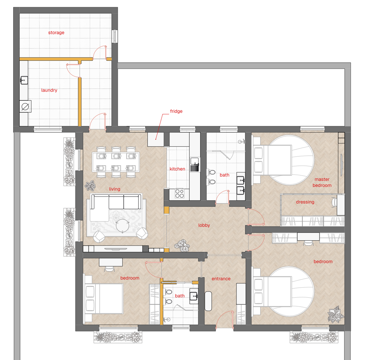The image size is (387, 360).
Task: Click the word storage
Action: [56, 32]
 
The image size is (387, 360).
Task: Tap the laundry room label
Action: [49, 90]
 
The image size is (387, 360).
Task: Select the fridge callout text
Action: [176, 111]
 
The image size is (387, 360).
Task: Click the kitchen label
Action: [177, 169]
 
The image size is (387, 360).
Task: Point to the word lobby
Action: [204, 225]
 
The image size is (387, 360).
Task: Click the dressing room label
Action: [305, 202]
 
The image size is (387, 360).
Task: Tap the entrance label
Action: [221, 279]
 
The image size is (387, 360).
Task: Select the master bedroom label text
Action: [322, 182]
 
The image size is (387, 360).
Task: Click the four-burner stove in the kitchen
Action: [180, 193]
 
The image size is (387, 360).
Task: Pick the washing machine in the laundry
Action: [25, 106]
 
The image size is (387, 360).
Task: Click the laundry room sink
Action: [24, 80]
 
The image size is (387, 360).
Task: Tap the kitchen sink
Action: [195, 165]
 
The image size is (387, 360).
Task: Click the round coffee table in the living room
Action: [122, 226]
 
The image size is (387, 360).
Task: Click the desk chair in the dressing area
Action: [334, 202]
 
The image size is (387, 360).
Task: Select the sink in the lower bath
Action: [194, 296]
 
